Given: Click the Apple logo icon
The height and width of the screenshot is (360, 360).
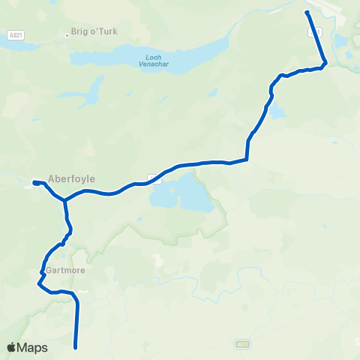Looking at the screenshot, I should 13,347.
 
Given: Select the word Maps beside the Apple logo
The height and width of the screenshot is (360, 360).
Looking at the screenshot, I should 34,348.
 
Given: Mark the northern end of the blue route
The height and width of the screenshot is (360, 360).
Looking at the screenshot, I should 307,13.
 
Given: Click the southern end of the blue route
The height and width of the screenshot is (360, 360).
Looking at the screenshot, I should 76,347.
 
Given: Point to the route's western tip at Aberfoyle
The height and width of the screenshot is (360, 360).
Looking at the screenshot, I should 34,181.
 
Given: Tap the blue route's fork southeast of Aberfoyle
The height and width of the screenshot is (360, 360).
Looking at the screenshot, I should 65,200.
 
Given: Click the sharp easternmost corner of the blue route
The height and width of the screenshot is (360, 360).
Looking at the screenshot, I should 325,63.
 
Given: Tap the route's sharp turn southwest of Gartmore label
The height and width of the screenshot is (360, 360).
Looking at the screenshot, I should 39,283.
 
